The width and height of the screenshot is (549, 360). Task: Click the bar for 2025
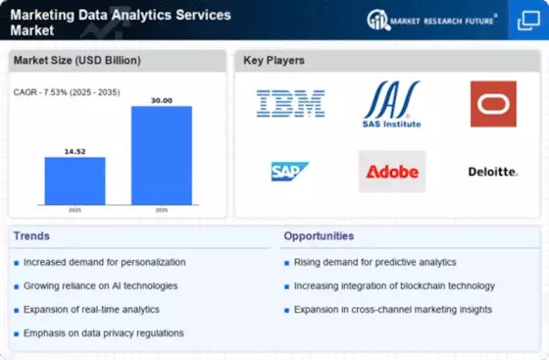coord(75,180)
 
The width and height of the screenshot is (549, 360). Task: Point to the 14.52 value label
coord(75,149)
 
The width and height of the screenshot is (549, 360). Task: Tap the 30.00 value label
coord(162,99)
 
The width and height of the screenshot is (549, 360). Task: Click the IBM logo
coord(290,104)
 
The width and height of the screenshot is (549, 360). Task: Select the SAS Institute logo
coord(391,104)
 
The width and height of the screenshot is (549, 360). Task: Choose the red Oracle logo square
coord(493,104)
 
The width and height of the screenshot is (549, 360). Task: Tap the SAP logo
coord(290,172)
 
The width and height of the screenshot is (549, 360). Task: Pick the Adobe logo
coord(391,172)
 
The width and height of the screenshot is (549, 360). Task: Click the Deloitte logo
coord(493,172)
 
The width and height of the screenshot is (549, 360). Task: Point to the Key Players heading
coord(274,61)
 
